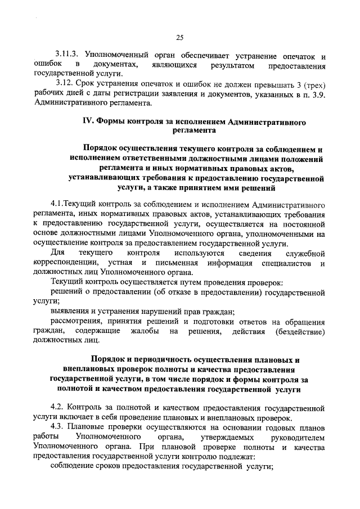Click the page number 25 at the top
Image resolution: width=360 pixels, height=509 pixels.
[x=179, y=38]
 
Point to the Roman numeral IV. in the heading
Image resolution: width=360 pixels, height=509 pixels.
[x=89, y=121]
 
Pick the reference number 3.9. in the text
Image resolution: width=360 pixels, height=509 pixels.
[x=318, y=94]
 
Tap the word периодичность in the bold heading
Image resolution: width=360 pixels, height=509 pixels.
[x=157, y=360]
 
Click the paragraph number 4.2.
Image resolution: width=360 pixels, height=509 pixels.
[x=57, y=407]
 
